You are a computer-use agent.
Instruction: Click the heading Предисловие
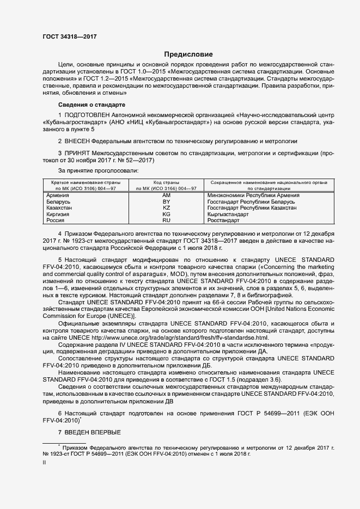[189, 54]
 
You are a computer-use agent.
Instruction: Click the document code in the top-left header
[67, 36]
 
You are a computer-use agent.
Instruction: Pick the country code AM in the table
[167, 195]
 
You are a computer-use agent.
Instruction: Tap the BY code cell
[167, 201]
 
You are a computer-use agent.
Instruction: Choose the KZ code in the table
[167, 208]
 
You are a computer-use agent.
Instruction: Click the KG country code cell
[167, 214]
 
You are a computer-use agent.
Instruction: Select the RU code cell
[167, 220]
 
